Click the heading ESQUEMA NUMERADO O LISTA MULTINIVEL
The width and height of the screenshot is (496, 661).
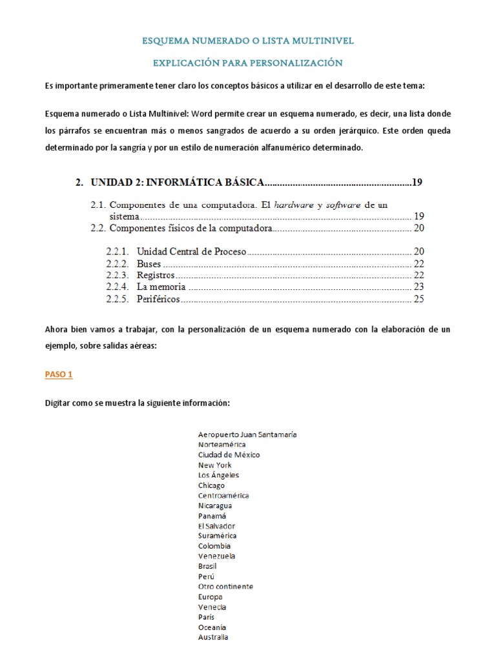[x=248, y=41]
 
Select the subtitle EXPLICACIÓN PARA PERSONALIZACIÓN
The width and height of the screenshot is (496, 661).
[x=248, y=63]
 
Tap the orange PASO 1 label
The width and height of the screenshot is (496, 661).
[x=63, y=374]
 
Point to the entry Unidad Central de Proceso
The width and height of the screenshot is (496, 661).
[x=191, y=252]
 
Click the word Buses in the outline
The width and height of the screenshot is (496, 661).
[x=149, y=263]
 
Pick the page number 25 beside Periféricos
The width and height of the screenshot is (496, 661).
[x=418, y=299]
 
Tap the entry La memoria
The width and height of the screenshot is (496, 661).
[x=161, y=287]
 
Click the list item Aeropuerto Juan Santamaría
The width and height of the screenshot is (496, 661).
[x=247, y=434]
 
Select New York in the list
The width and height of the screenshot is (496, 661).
[x=214, y=465]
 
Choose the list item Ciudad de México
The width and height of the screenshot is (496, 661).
[x=229, y=454]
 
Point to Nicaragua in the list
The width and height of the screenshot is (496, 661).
[x=215, y=505]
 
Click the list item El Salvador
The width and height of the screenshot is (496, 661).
[x=216, y=526]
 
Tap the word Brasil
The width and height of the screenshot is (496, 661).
[x=207, y=566]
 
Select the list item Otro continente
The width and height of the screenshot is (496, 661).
[x=225, y=587]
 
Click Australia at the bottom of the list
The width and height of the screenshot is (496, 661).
[x=213, y=637]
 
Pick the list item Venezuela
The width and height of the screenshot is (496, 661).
[x=216, y=556]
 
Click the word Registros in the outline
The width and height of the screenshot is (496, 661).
[x=156, y=275]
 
